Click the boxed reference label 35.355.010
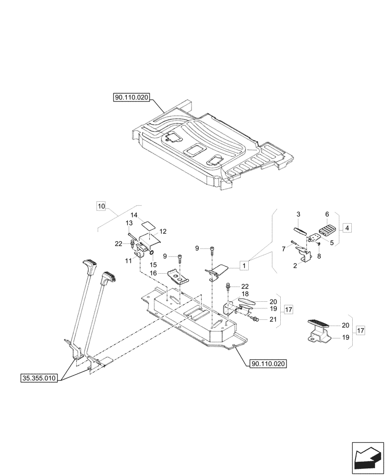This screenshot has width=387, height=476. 39,379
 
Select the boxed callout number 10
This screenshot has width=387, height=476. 101,206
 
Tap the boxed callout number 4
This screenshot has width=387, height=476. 347,228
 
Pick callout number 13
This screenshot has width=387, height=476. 129,223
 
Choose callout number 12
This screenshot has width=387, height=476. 163,231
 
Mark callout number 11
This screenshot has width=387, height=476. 129,261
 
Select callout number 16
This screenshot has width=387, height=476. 153,273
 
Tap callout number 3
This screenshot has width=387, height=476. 298,215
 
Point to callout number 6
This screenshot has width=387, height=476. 327,215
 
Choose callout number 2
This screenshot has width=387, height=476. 295,265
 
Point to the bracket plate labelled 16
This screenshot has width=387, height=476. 176,278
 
